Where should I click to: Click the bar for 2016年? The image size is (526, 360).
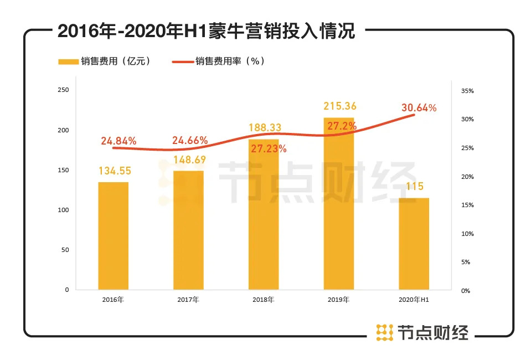tap(114, 235)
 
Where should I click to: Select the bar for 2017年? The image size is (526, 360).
tap(188, 230)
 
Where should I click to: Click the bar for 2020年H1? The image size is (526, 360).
tap(414, 244)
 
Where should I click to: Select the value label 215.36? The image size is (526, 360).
tap(338, 106)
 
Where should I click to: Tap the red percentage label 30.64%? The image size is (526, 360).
tap(419, 108)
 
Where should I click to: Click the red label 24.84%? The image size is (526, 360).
tap(118, 141)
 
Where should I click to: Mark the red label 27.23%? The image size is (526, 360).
tap(268, 148)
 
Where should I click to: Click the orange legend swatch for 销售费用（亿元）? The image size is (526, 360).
tap(69, 61)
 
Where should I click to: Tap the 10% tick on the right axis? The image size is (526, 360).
tap(468, 234)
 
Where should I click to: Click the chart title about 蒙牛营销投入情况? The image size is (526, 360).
tap(206, 32)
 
